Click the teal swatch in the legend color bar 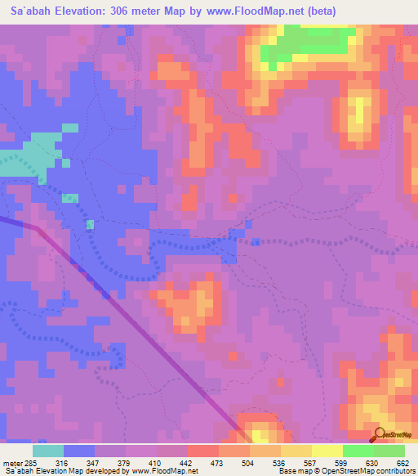pyautogui.click(x=48, y=451)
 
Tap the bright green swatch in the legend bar pyautogui.click(x=358, y=451)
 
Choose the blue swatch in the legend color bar pyautogui.click(x=79, y=451)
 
